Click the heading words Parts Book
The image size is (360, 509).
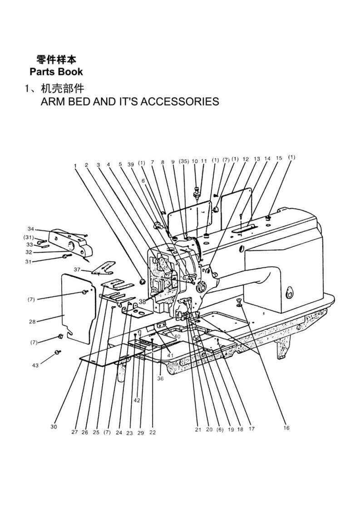click(56, 72)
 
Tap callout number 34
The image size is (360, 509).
click(31, 229)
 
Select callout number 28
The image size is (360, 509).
click(32, 322)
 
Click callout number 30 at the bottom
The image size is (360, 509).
click(54, 427)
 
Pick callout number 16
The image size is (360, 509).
click(286, 428)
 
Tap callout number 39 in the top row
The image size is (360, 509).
click(131, 164)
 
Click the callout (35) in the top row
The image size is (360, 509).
click(184, 161)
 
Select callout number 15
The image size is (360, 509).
click(279, 158)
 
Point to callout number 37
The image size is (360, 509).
click(77, 269)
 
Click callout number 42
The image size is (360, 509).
click(137, 401)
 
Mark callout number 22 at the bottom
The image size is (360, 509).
click(153, 432)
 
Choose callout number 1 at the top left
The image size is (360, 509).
click(75, 166)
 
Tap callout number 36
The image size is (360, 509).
click(160, 378)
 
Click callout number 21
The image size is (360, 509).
click(198, 430)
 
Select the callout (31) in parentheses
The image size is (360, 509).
click(29, 237)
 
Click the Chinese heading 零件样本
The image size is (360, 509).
click(56, 59)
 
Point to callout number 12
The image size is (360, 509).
click(246, 159)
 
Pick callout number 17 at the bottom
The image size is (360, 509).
click(252, 429)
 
